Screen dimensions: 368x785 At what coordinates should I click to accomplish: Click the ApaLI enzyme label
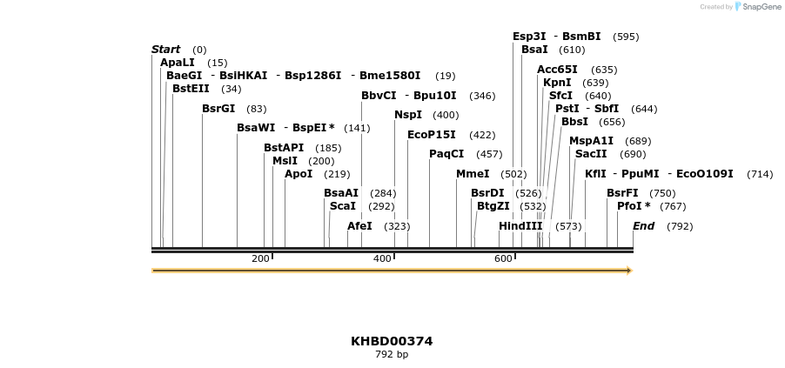(178, 63)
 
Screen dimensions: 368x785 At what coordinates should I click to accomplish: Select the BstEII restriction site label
(191, 89)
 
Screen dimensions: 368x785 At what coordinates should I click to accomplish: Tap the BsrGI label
(218, 109)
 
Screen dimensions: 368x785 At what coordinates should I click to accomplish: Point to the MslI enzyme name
(285, 161)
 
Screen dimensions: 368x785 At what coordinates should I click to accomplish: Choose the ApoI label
(299, 174)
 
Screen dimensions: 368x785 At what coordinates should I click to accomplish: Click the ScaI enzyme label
(343, 206)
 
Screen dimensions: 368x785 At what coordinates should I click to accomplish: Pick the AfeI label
(359, 226)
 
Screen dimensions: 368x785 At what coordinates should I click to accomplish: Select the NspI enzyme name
(408, 115)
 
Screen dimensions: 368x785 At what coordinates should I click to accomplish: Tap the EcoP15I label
(432, 135)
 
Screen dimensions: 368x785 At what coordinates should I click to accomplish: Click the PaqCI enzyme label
(446, 154)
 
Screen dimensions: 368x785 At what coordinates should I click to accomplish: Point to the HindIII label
(520, 226)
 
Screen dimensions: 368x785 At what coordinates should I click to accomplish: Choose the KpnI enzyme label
(558, 83)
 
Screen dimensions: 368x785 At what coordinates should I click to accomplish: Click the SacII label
(591, 154)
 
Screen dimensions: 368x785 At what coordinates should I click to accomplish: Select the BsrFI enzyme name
(622, 193)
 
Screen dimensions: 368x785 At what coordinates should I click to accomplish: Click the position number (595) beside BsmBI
(626, 37)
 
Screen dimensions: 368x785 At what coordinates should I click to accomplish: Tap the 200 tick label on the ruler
(260, 259)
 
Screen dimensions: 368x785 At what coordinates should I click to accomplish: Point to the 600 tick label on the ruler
(503, 259)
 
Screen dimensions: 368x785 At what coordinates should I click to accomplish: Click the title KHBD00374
(392, 341)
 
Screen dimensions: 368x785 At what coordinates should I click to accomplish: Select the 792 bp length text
(392, 355)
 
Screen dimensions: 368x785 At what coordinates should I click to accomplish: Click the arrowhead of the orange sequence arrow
(627, 271)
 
